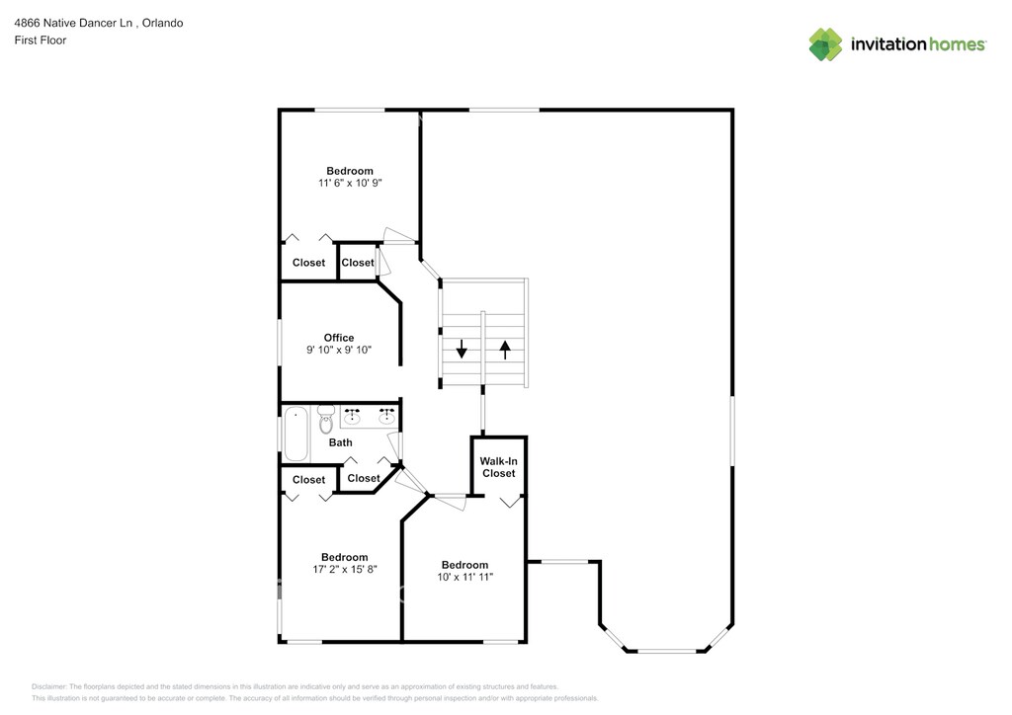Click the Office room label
pyautogui.click(x=339, y=338)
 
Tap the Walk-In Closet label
pyautogui.click(x=498, y=467)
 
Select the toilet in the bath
pyautogui.click(x=326, y=420)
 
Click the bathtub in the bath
pyautogui.click(x=296, y=434)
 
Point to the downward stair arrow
pyautogui.click(x=462, y=349)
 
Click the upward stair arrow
pyautogui.click(x=505, y=350)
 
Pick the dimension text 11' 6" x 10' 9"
pyautogui.click(x=350, y=183)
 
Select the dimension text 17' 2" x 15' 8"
pyautogui.click(x=345, y=569)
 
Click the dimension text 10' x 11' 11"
pyautogui.click(x=464, y=577)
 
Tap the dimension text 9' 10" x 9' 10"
pyautogui.click(x=339, y=350)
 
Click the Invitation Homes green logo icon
pyautogui.click(x=825, y=44)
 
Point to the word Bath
pyautogui.click(x=340, y=443)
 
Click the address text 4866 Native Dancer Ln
pyautogui.click(x=73, y=24)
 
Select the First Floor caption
pyautogui.click(x=40, y=40)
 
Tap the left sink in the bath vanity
pyautogui.click(x=352, y=418)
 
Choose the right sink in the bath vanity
pyautogui.click(x=386, y=418)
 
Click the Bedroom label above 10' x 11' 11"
pyautogui.click(x=464, y=565)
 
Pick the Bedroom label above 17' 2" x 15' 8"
pyautogui.click(x=345, y=557)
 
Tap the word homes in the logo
pyautogui.click(x=957, y=44)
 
